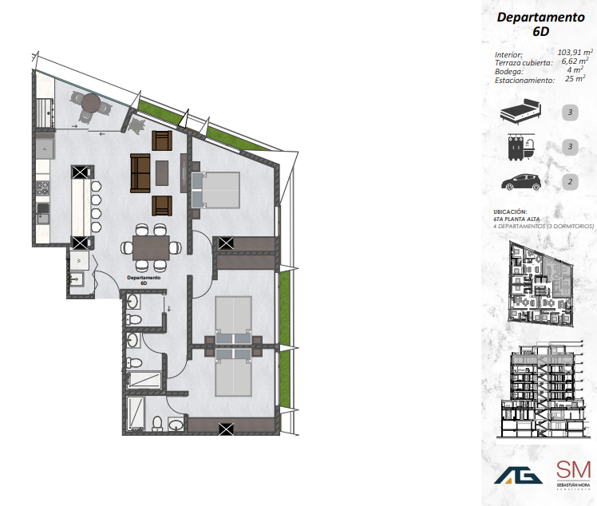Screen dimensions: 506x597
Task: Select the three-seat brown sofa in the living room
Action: tap(140, 173)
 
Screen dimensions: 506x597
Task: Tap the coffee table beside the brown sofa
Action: tap(163, 173)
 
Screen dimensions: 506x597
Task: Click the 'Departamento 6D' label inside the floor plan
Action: tap(144, 280)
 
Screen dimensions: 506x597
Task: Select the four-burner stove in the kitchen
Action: tap(42, 190)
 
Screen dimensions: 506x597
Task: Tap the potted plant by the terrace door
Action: tap(136, 125)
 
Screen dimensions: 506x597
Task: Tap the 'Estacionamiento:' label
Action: tap(524, 81)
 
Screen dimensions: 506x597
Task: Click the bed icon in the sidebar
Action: tap(519, 112)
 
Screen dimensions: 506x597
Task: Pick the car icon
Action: tap(520, 182)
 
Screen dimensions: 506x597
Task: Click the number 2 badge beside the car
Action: tap(570, 182)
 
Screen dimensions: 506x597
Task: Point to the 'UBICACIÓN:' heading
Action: tap(511, 211)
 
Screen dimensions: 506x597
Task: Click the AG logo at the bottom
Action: tap(516, 475)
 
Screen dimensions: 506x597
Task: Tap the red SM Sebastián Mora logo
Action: tap(573, 472)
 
